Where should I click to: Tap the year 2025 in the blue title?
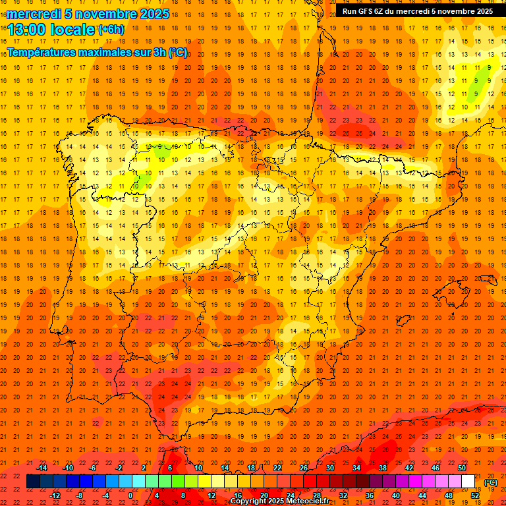coord(153,14)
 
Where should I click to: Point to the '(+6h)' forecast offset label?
coord(110,30)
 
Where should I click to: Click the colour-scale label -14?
coord(42,468)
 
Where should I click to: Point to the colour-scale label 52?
coord(475,495)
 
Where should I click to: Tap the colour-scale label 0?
coord(130,495)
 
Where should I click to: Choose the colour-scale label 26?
coord(304,468)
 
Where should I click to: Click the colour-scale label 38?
coord(383,468)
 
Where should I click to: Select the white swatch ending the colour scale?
coord(468,482)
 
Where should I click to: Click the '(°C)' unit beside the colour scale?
coord(491,482)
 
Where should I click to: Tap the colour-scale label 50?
coord(462,468)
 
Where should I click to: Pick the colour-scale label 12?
coord(211,495)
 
